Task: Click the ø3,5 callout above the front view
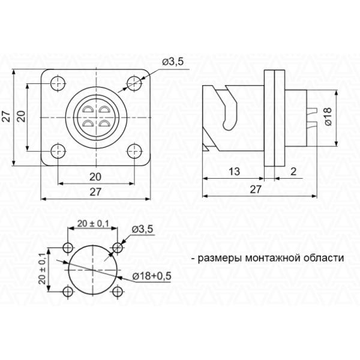click(x=172, y=62)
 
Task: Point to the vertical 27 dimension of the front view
click(x=7, y=116)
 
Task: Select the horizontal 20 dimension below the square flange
click(x=95, y=176)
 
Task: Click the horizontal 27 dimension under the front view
click(x=95, y=192)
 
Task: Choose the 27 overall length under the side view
click(x=256, y=189)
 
